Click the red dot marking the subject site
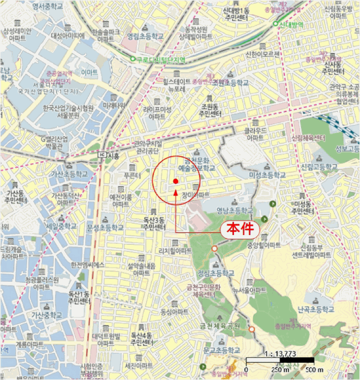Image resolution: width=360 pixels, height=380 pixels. pyautogui.click(x=175, y=181)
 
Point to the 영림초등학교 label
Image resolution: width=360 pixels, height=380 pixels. pyautogui.click(x=145, y=37)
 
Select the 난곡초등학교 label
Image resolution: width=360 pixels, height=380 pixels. pyautogui.click(x=317, y=309)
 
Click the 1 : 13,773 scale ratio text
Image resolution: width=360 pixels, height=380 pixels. pyautogui.click(x=280, y=353)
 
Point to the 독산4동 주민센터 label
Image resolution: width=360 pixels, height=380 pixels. pyautogui.click(x=143, y=340)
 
